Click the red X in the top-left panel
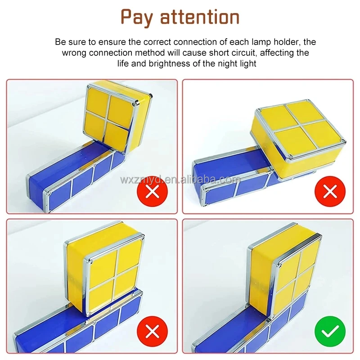153,192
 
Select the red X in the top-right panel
330,192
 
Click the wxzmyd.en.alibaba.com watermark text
180,180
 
